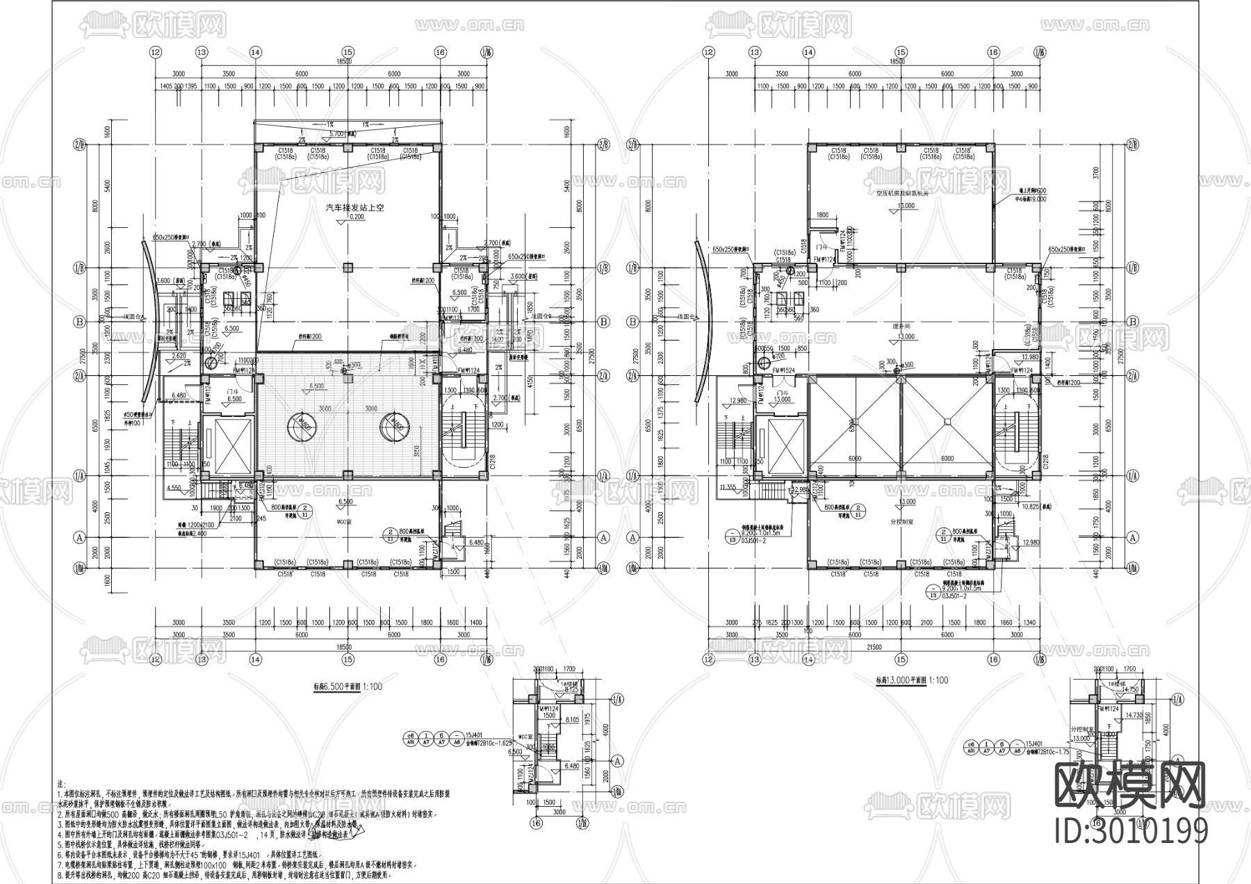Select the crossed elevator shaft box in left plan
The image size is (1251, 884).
[229, 445]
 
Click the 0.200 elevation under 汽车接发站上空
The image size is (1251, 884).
[345, 217]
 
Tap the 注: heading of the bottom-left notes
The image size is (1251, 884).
[60, 783]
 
